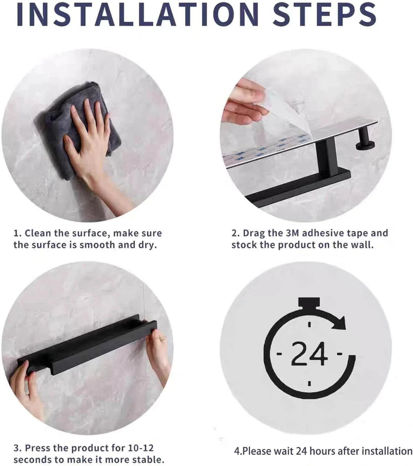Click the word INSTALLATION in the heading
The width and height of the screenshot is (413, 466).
coord(137,14)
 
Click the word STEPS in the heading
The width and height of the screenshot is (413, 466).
coord(324,14)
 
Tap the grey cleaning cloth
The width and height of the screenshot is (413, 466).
coord(76,128)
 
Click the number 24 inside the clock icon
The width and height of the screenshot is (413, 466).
coord(309,354)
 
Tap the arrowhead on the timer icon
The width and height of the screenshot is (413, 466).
coord(338,322)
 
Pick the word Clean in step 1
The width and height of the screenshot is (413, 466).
coord(38,233)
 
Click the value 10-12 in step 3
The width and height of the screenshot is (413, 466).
coord(141,448)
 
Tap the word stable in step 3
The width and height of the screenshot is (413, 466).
coord(148,460)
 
